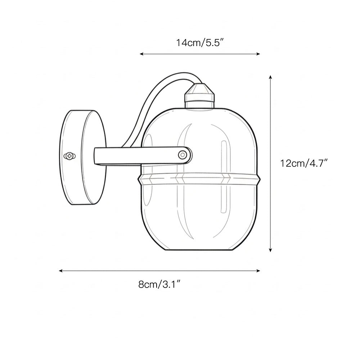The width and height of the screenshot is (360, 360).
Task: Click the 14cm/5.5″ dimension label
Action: [x=200, y=43]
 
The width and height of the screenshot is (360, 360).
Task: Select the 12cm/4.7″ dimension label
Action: [x=304, y=163]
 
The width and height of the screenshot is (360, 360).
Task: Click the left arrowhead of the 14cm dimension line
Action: [x=141, y=54]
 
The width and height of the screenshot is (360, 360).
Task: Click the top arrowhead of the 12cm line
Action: [x=271, y=77]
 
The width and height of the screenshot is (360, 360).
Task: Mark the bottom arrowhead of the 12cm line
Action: [x=271, y=249]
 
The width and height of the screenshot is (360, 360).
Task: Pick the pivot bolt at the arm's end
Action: [x=184, y=155]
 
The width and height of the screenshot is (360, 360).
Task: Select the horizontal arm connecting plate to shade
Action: [x=137, y=155]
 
